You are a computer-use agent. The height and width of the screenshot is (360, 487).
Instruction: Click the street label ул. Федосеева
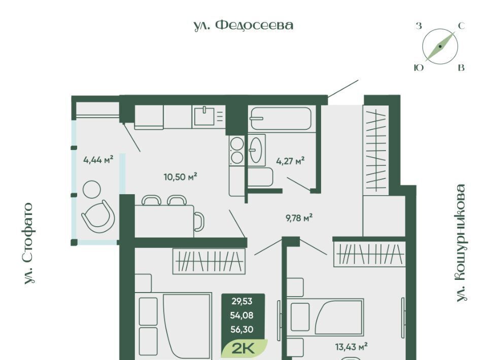pyautogui.click(x=243, y=25)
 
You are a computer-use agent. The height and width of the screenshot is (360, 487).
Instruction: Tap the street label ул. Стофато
pyautogui.click(x=29, y=243)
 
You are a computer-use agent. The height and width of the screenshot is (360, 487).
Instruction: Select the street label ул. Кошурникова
pyautogui.click(x=462, y=243)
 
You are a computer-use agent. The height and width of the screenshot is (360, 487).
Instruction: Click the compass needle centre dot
pyautogui.click(x=440, y=47)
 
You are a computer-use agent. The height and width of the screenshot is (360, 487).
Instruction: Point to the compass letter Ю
pyautogui.click(x=419, y=67)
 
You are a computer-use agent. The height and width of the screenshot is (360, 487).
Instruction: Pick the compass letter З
pyautogui.click(x=419, y=26)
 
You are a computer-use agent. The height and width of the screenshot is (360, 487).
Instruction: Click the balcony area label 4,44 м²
pyautogui.click(x=98, y=160)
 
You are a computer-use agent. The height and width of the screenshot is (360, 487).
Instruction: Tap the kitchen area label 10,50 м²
pyautogui.click(x=181, y=177)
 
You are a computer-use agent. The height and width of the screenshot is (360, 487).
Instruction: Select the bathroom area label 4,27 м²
pyautogui.click(x=290, y=161)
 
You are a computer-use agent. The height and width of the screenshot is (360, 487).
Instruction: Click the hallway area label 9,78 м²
pyautogui.click(x=299, y=218)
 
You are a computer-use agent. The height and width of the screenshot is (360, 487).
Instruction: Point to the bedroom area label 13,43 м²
pyautogui.click(x=352, y=346)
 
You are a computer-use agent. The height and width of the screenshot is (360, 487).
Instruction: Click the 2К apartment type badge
pyautogui.click(x=244, y=348)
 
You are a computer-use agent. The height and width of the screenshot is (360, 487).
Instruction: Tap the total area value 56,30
pyautogui.click(x=241, y=329)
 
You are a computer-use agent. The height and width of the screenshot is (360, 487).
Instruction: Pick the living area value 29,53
pyautogui.click(x=241, y=301)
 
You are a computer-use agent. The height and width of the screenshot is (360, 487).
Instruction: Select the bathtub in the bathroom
pyautogui.click(x=281, y=118)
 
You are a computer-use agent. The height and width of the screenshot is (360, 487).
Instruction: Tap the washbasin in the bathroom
pyautogui.click(x=257, y=150)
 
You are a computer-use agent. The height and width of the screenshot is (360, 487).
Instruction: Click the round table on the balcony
pyautogui.click(x=92, y=189)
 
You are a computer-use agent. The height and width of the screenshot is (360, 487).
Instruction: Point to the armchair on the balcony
pyautogui.click(x=98, y=214)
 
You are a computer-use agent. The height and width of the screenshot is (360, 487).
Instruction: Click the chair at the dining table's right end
pyautogui.click(x=199, y=222)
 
